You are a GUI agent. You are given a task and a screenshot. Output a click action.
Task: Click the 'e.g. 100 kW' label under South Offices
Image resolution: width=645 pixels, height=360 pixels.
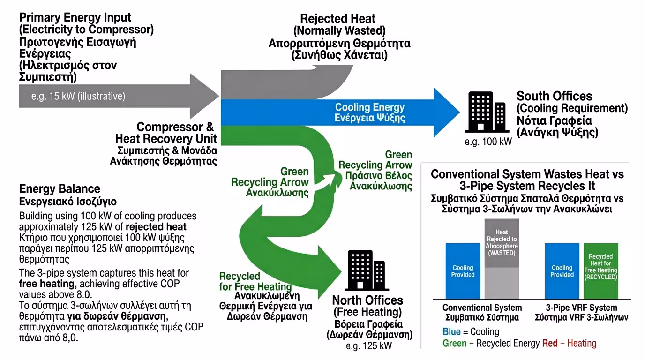tap(488, 142)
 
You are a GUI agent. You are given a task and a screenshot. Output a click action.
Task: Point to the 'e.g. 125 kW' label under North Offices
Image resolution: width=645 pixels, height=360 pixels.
tap(369, 346)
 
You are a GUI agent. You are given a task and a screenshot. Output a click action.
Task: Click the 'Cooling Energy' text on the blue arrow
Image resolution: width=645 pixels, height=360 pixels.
tap(370, 107)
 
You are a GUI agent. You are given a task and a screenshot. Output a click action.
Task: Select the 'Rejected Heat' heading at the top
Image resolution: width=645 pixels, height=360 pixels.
tap(337, 19)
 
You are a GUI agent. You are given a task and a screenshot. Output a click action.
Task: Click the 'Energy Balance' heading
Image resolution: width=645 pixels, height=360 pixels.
tap(60, 189)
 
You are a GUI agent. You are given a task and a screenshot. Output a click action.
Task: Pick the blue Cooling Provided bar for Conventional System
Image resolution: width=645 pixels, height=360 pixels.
tap(463, 270)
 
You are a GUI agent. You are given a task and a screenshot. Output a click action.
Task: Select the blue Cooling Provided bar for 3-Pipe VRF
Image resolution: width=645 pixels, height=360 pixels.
tap(562, 270)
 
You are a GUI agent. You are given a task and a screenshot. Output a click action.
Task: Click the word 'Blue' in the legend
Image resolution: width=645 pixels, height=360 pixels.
tap(451, 331)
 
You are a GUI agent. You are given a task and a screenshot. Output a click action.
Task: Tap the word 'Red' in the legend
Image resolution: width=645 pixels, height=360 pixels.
tap(549, 343)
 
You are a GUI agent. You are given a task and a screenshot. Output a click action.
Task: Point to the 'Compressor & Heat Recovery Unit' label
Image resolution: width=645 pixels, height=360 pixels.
tap(166, 133)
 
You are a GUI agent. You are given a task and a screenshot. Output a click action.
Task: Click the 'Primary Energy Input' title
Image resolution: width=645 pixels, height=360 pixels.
tap(75, 18)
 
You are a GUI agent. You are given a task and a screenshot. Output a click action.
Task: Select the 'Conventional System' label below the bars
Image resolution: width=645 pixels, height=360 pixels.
tap(482, 307)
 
